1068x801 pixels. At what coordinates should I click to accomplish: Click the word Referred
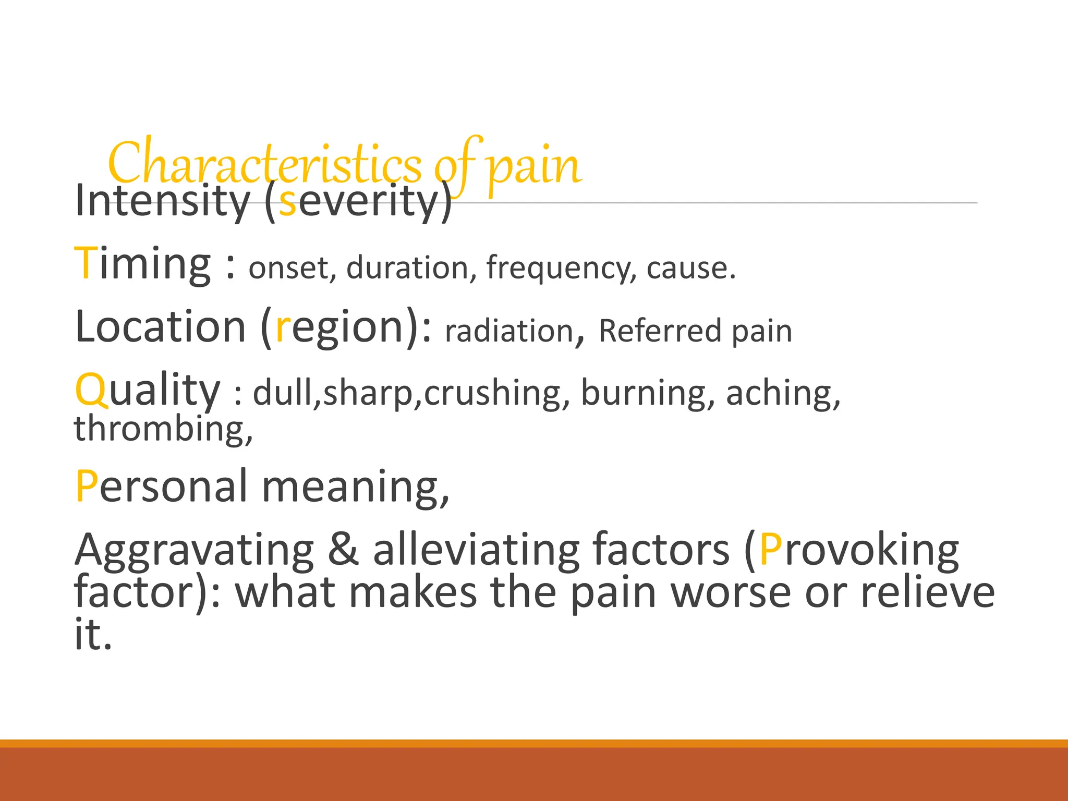click(660, 331)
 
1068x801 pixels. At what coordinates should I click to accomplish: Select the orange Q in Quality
click(92, 390)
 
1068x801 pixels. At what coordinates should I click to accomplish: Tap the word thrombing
click(160, 429)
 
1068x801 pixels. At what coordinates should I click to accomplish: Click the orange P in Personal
click(86, 487)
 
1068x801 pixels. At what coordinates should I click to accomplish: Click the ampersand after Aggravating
click(343, 550)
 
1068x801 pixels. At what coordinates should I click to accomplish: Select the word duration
click(407, 268)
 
